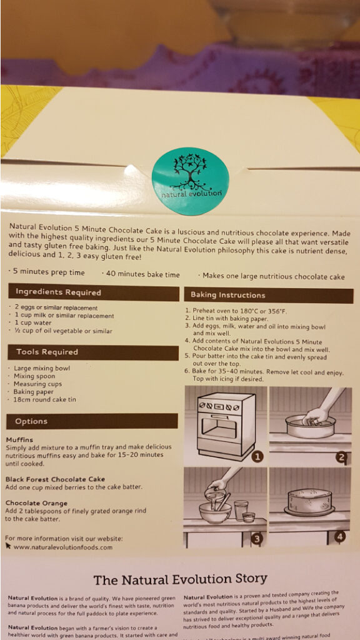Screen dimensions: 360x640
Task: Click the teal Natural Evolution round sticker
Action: [x=190, y=182]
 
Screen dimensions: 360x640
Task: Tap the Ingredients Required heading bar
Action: [x=94, y=292]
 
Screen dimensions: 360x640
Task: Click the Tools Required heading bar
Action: [x=93, y=352]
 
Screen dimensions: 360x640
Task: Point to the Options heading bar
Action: [x=92, y=421]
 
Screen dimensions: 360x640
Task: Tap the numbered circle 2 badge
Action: [x=342, y=457]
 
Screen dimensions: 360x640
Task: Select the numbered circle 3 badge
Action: [x=256, y=539]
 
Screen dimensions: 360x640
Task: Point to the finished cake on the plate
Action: [x=309, y=502]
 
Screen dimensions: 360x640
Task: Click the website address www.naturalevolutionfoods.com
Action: [x=63, y=547]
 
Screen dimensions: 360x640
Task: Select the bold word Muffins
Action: [x=19, y=439]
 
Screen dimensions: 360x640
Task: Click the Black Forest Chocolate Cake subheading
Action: [x=55, y=479]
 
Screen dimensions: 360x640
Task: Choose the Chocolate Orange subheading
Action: [x=36, y=503]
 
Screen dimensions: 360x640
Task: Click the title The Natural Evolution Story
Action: [x=180, y=579]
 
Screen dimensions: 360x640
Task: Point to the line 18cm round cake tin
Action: [x=45, y=399]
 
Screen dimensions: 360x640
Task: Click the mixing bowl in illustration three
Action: [x=215, y=512]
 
